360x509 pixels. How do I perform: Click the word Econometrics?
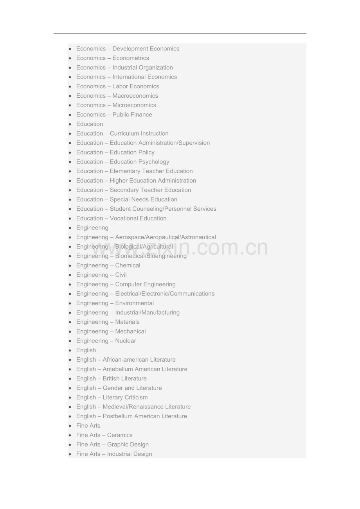click(x=131, y=58)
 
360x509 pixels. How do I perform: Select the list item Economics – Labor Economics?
click(x=117, y=86)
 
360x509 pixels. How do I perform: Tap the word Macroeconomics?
click(x=135, y=96)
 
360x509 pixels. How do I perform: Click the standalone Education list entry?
click(x=90, y=124)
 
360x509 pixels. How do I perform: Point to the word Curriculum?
click(x=124, y=133)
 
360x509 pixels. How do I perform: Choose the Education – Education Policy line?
click(x=115, y=152)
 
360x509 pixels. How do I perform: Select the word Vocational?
click(x=124, y=219)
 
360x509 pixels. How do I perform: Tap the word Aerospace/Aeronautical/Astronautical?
click(x=166, y=237)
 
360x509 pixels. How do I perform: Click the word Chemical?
click(x=128, y=265)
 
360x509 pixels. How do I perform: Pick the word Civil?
click(x=121, y=275)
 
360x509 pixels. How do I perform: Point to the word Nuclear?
click(x=126, y=341)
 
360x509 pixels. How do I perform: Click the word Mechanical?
click(x=130, y=332)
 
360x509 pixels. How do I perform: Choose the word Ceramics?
click(x=120, y=435)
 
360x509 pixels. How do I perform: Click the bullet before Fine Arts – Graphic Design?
click(x=70, y=444)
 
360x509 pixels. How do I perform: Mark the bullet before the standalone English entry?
click(x=70, y=350)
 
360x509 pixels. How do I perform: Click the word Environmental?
click(x=134, y=303)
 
